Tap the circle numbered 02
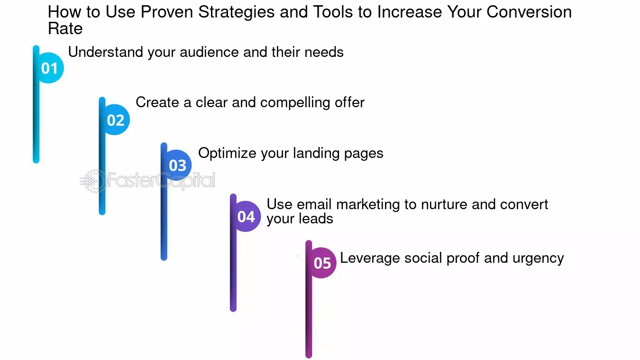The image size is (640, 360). pos(115,120)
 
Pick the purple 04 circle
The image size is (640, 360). pos(246,216)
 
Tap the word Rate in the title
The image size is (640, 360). pos(65,28)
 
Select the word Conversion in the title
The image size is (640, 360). pos(529,12)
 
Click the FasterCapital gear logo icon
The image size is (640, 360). pos(93,181)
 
